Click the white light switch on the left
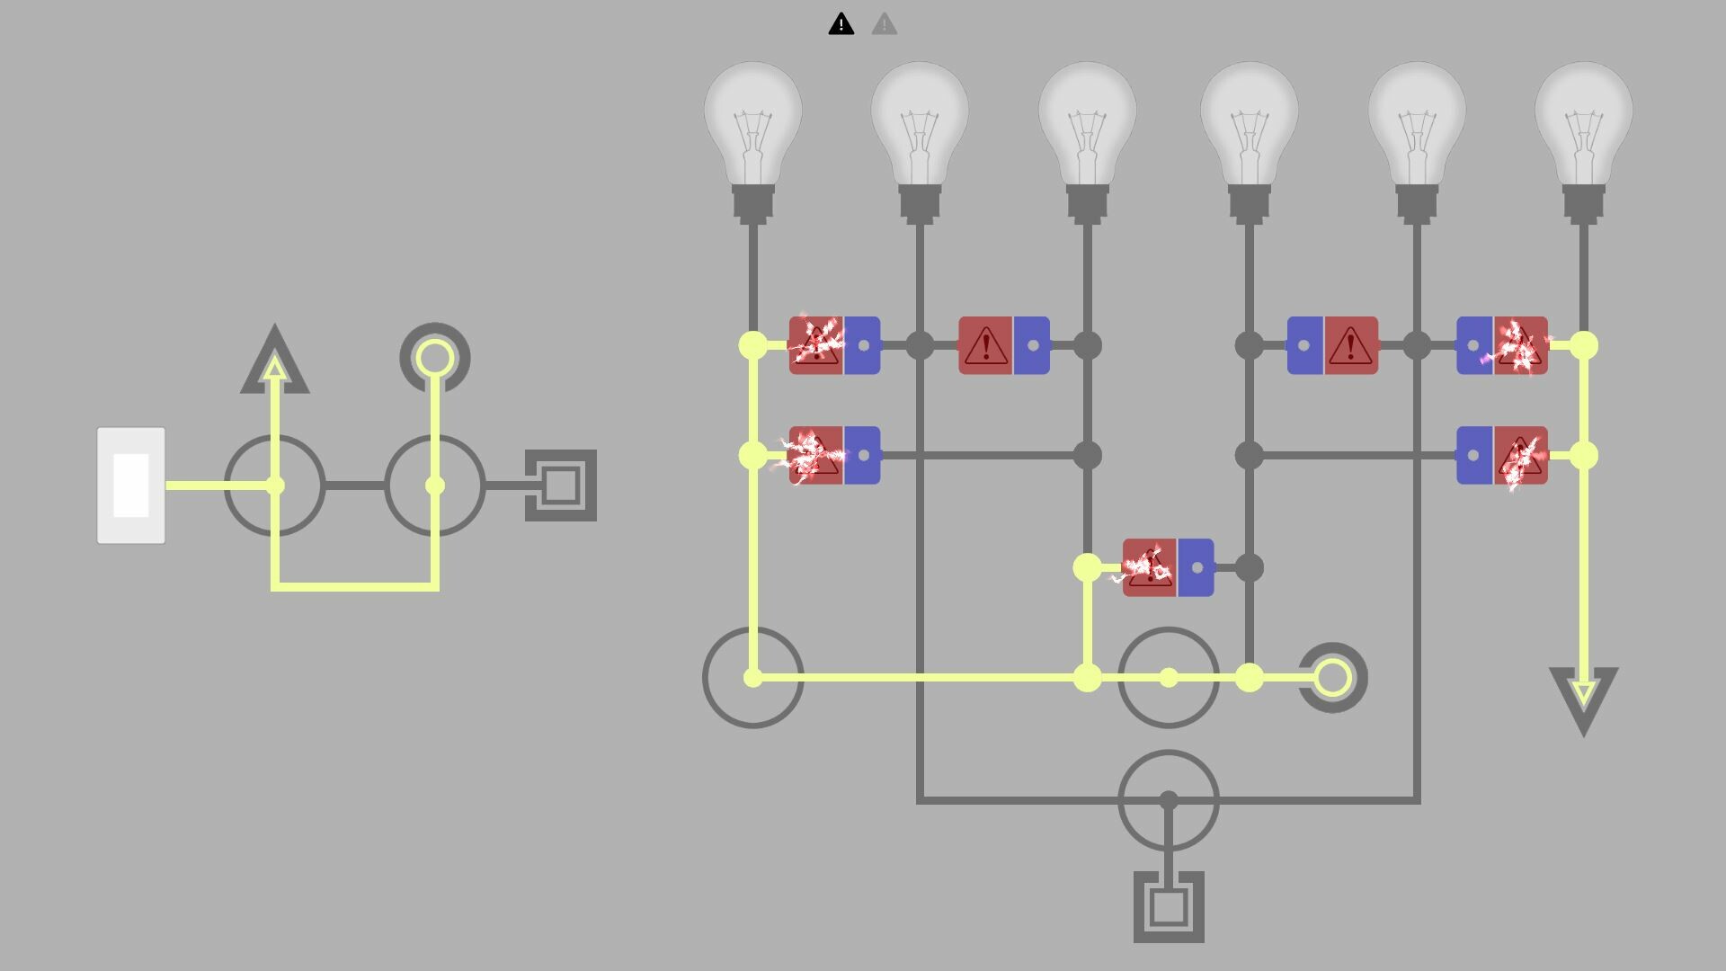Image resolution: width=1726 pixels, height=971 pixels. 131,485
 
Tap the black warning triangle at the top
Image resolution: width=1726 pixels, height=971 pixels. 841,24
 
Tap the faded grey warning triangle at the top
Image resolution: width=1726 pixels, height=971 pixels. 884,24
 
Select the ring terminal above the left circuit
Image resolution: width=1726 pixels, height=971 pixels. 435,358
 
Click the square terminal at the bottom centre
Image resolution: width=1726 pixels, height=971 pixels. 1168,907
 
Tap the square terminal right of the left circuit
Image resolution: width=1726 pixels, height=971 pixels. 561,485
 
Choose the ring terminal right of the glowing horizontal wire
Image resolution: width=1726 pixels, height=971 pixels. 1332,678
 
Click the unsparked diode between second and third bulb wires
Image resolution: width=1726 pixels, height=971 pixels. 1004,345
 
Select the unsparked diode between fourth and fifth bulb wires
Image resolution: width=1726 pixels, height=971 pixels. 1332,345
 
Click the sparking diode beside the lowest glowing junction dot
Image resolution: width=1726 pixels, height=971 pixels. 1168,567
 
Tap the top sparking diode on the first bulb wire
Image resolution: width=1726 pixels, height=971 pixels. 834,345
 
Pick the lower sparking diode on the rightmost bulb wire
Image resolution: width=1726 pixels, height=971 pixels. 1501,456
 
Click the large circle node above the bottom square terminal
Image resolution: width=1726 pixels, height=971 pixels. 1168,800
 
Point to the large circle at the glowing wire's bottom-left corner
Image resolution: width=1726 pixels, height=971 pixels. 752,678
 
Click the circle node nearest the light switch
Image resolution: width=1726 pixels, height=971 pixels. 275,485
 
